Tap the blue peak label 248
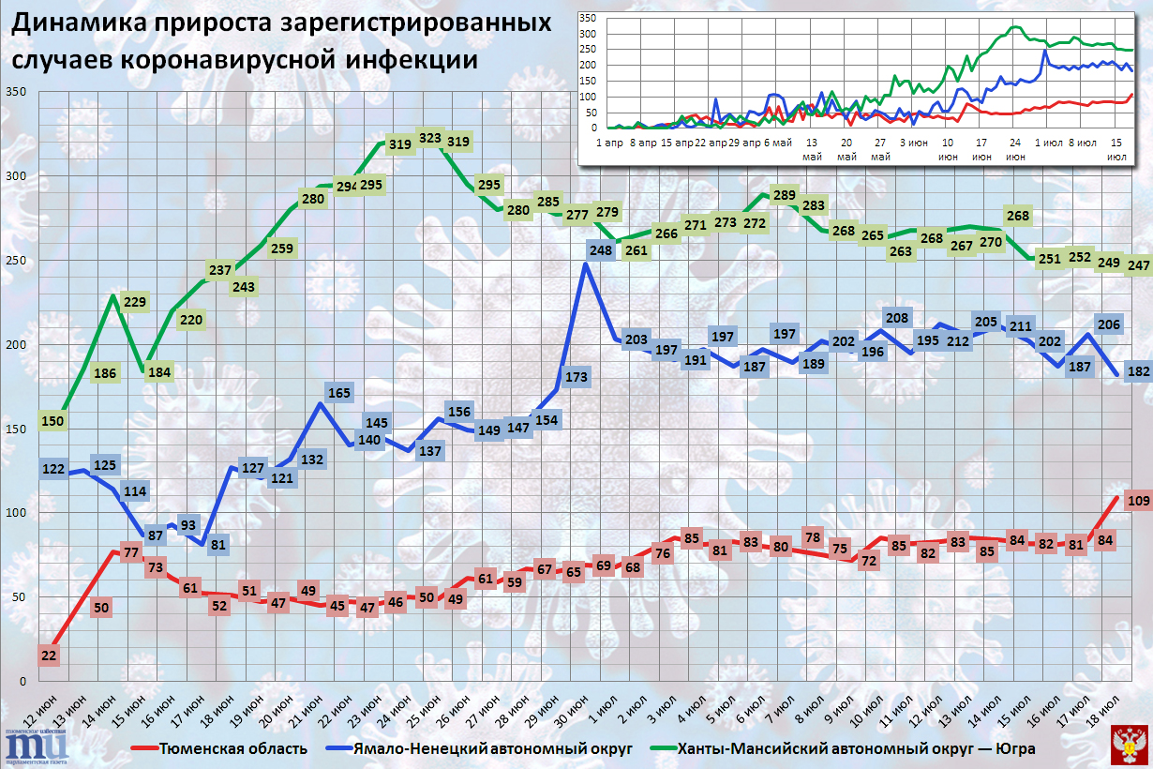click(602, 250)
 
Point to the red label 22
click(50, 655)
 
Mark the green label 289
click(785, 196)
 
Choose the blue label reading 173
click(576, 378)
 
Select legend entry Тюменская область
click(232, 747)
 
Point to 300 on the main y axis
click(17, 176)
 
